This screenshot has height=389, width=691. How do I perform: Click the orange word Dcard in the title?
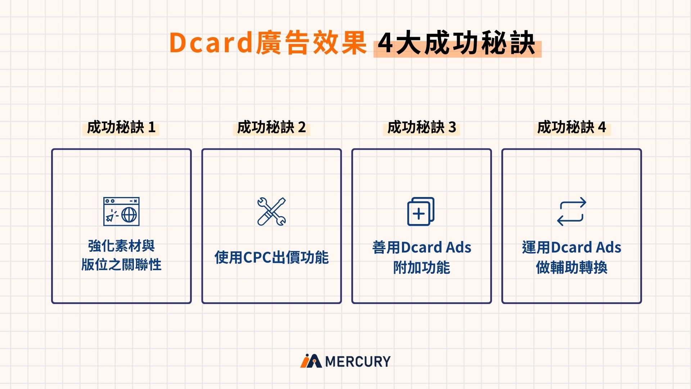(x=211, y=43)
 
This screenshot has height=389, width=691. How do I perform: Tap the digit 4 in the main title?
(x=385, y=44)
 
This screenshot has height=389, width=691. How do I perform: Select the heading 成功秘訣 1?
(x=121, y=128)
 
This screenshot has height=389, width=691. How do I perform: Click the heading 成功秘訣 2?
(x=271, y=128)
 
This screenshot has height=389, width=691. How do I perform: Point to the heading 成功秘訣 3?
(x=421, y=128)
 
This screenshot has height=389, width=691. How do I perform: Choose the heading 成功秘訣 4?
(x=572, y=128)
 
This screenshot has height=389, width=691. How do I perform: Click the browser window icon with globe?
(x=121, y=211)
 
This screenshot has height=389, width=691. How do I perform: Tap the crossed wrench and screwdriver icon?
(x=272, y=211)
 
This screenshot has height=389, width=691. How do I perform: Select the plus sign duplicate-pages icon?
(x=421, y=211)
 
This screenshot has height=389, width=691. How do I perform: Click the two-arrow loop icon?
(x=572, y=211)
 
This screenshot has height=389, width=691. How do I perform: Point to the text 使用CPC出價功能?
(x=271, y=258)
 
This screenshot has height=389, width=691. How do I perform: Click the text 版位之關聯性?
(x=121, y=265)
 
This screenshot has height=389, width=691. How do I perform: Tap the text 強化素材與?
(x=121, y=246)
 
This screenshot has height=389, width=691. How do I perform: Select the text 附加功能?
(x=421, y=268)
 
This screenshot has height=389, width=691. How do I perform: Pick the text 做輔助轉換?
(x=572, y=268)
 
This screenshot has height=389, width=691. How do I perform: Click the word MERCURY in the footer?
(x=358, y=361)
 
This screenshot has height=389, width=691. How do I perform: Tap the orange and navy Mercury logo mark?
(x=311, y=361)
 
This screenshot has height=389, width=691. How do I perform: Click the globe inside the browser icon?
(x=129, y=215)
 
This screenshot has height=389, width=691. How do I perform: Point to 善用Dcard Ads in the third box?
(x=421, y=247)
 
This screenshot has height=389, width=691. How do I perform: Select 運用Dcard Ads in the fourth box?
(x=572, y=247)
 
